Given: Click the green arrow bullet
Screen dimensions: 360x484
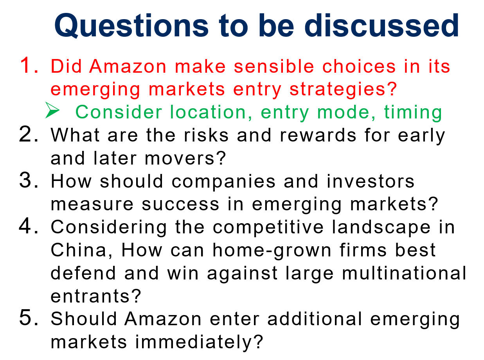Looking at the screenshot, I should click(x=52, y=111).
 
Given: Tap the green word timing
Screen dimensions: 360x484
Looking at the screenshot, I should click(x=413, y=112).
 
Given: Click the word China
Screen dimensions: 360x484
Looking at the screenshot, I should click(x=81, y=251).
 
